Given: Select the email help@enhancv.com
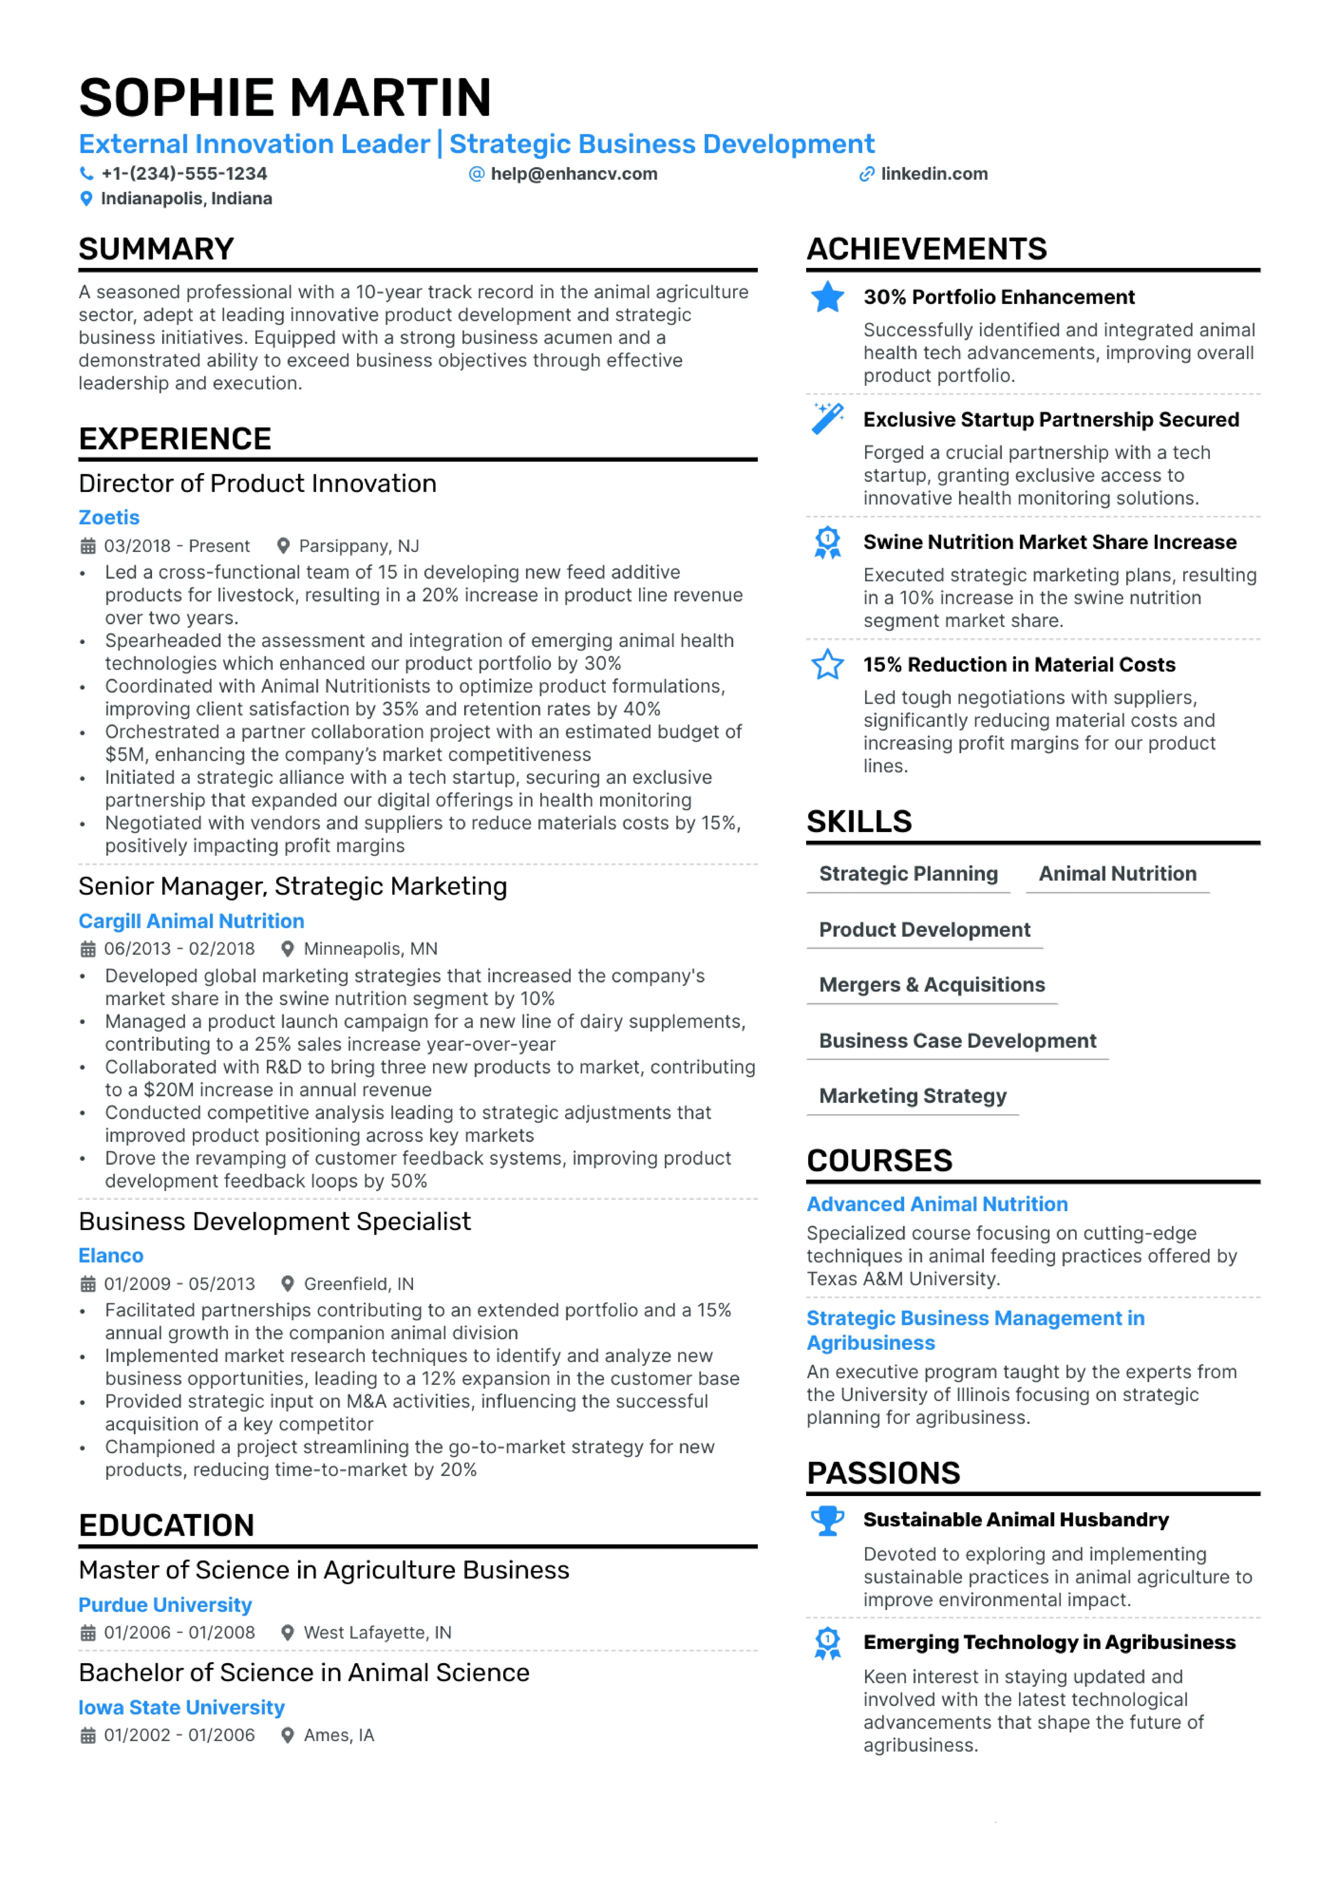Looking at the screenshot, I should (574, 174).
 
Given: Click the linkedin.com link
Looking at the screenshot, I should (934, 174).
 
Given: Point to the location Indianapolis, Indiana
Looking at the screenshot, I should (186, 199).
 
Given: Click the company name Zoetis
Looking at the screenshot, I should (109, 518).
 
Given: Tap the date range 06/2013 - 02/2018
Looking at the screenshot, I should (179, 949).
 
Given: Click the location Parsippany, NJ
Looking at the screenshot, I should (358, 546).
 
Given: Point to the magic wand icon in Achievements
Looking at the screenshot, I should (827, 418).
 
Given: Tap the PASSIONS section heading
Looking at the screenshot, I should (883, 1473).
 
